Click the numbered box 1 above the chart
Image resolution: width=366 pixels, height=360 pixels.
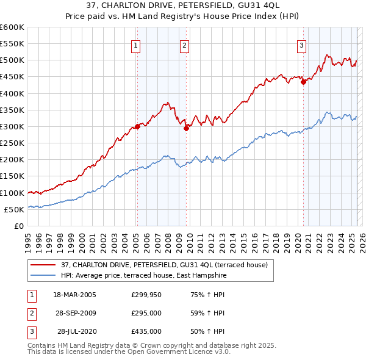pos(135,45)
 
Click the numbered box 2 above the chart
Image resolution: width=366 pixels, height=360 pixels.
pos(184,45)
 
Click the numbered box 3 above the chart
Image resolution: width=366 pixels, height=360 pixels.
pos(301,45)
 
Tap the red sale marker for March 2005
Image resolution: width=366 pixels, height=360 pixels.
pos(137,126)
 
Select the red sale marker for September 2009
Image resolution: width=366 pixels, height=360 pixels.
pos(186,128)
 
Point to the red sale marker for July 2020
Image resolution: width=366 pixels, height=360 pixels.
pos(303,82)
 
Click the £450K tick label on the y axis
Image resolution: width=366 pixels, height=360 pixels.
pos(13,77)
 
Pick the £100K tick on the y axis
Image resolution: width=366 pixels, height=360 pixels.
pos(13,193)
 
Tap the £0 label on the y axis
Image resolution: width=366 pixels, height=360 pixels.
pos(19,226)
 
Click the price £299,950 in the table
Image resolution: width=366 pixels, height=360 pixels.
pos(146,295)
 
